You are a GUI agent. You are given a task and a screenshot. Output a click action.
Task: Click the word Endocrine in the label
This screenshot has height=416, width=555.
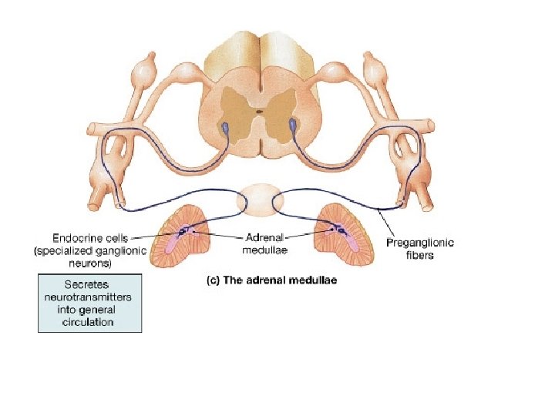75,239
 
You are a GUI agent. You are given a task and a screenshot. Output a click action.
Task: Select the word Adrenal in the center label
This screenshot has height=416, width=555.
263,239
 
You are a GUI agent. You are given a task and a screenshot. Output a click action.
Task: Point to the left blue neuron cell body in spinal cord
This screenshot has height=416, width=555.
224,125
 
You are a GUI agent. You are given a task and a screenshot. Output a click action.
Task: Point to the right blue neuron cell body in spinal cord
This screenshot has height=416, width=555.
295,123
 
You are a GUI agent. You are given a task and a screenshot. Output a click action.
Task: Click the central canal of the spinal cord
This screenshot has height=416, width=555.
260,112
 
